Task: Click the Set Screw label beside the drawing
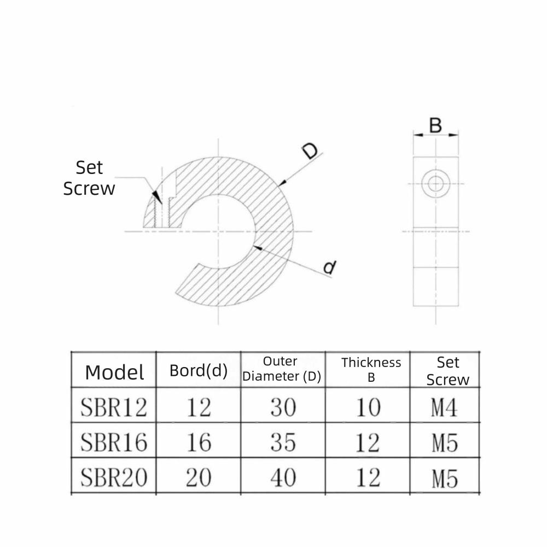(x=89, y=178)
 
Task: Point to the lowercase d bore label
(x=329, y=267)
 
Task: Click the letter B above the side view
(x=435, y=125)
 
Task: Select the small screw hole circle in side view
(x=435, y=183)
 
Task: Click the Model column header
(x=114, y=372)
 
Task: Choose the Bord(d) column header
(x=198, y=371)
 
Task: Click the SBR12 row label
(x=114, y=407)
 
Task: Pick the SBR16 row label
(x=114, y=442)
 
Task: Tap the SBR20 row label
(x=114, y=477)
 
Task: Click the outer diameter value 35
(x=283, y=442)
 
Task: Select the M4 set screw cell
(x=444, y=408)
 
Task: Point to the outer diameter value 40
(x=283, y=477)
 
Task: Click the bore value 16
(x=198, y=442)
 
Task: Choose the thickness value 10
(x=368, y=408)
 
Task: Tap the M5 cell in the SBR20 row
(x=444, y=478)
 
